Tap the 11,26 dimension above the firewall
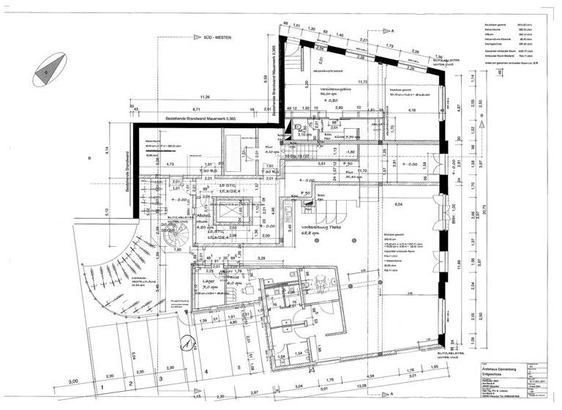click(204, 97)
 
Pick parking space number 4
click(207, 372)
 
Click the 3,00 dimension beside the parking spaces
click(73, 382)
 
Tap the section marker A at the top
click(392, 31)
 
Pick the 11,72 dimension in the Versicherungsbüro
click(361, 82)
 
